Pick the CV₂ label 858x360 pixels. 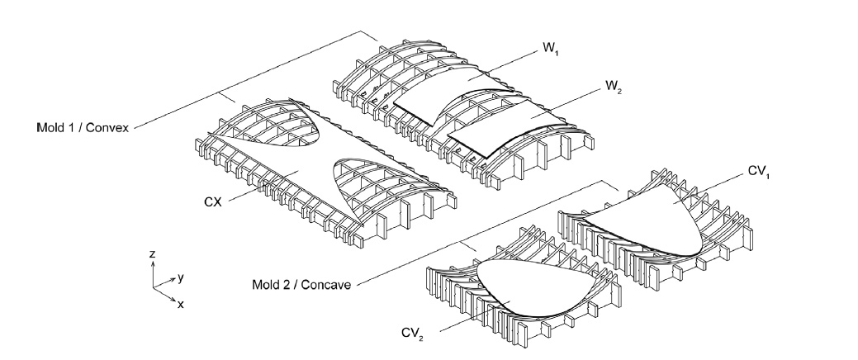(412, 333)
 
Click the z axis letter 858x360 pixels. (153, 255)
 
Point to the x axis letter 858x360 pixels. (181, 303)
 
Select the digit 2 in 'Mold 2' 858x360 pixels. (285, 286)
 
